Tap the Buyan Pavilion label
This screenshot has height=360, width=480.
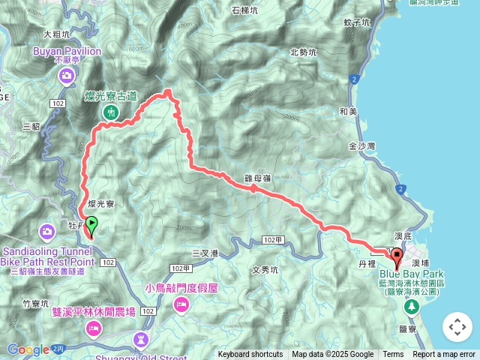tap(67, 52)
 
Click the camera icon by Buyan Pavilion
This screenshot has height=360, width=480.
tap(67, 76)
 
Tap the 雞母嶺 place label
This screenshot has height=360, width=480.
tap(256, 178)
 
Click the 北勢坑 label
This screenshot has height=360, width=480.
tap(304, 52)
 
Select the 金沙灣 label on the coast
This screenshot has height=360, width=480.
tap(362, 147)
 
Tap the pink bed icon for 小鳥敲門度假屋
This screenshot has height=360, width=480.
tap(181, 304)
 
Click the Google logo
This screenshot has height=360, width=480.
tap(28, 349)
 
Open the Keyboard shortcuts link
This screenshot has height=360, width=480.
tap(250, 355)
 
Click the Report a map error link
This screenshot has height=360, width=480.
tap(444, 355)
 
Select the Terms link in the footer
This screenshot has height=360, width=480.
tap(393, 355)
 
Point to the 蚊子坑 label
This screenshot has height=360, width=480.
tap(357, 23)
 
